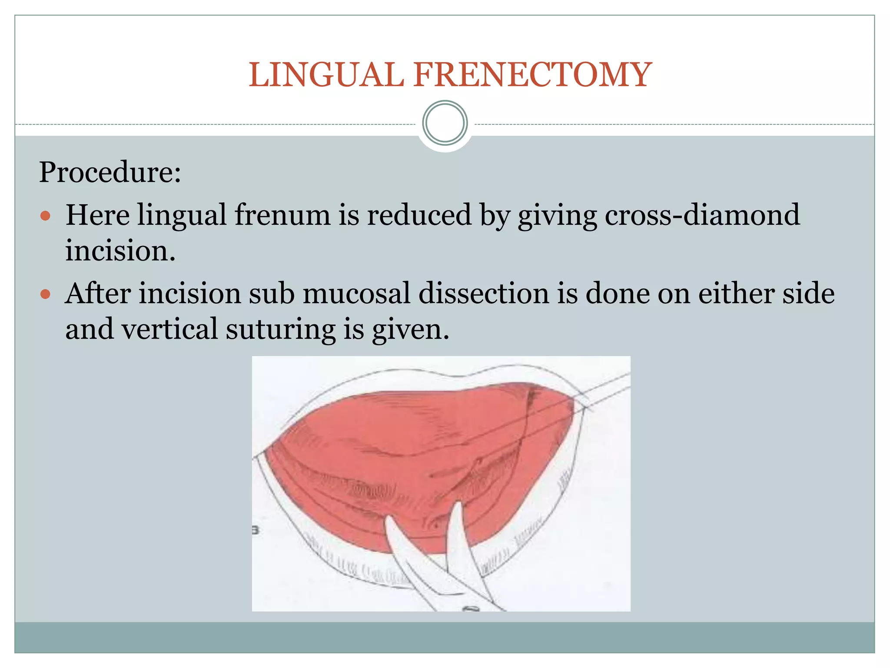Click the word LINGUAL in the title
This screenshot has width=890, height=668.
326,75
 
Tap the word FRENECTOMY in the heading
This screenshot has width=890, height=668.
532,75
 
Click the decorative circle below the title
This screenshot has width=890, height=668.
445,123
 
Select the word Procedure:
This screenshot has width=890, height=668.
110,172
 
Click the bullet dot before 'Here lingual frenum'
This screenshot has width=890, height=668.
45,216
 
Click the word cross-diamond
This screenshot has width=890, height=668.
702,215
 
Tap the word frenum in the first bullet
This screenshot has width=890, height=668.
282,215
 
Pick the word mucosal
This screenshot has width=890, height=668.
356,294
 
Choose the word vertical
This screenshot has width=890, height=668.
169,329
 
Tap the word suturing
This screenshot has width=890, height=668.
281,329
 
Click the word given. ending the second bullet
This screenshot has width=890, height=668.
410,329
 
